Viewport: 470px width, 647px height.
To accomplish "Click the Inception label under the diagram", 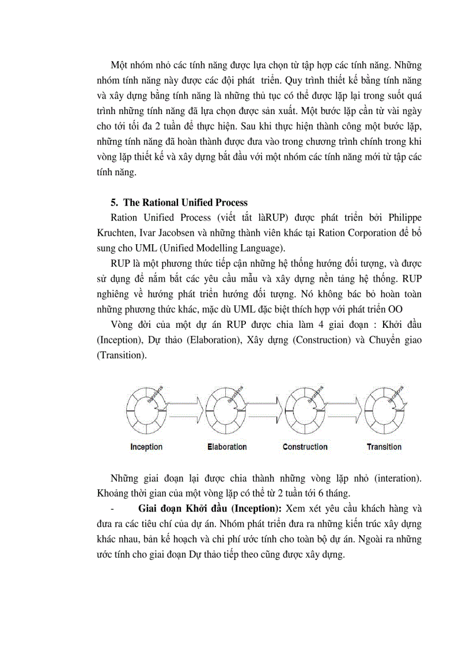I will pyautogui.click(x=146, y=447).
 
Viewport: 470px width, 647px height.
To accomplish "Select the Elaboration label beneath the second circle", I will pyautogui.click(x=227, y=447).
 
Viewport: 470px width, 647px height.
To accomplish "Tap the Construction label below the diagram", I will pyautogui.click(x=305, y=447).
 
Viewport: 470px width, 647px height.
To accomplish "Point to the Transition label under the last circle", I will pyautogui.click(x=384, y=447).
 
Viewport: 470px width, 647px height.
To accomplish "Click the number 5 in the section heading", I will pyautogui.click(x=113, y=202).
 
